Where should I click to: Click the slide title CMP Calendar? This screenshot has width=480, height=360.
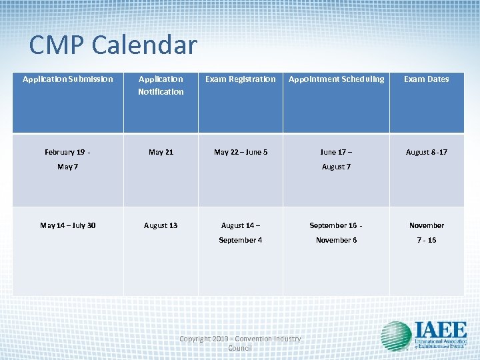pos(113,45)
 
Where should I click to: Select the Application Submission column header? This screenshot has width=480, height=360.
pos(68,79)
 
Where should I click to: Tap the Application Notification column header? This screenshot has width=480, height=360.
pos(161,85)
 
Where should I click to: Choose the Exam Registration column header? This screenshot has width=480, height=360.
pos(240,79)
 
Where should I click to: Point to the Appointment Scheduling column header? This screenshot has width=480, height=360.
pos(336,79)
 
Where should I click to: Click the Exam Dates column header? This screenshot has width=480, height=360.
pos(427,79)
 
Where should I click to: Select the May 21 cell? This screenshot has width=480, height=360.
pos(161,152)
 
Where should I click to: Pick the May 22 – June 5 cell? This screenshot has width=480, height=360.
pos(241,152)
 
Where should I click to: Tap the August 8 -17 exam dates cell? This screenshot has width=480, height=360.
pos(427,152)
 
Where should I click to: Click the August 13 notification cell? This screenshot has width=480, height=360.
pos(161,225)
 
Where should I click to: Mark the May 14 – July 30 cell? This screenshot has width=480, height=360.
pos(68,225)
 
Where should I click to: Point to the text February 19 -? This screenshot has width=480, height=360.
pos(68,152)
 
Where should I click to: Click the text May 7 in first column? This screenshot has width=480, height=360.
pos(68,167)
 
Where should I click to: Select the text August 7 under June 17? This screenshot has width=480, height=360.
pos(336,167)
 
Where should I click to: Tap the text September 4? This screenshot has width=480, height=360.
pos(241,240)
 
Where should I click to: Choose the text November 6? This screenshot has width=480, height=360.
pos(336,240)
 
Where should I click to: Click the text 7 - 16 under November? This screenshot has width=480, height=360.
pos(427,240)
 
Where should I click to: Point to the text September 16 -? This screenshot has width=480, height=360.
pos(336,225)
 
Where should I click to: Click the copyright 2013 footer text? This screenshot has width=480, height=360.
pos(240,343)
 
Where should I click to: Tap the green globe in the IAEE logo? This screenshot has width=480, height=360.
pos(396,336)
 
